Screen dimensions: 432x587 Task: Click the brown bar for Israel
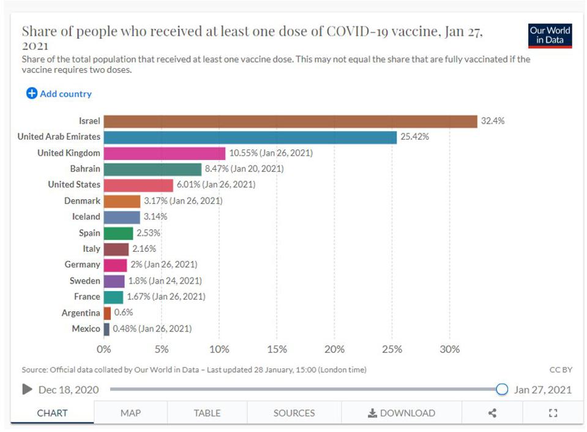click(x=290, y=121)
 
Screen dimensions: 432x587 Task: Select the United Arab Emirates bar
click(x=250, y=137)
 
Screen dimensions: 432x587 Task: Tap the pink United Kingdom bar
click(x=165, y=153)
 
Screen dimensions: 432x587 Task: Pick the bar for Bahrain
click(x=152, y=169)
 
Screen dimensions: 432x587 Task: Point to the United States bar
click(x=138, y=184)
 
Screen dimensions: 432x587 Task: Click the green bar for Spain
click(x=118, y=233)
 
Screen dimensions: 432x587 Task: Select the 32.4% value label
click(x=493, y=121)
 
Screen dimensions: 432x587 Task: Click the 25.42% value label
click(x=415, y=137)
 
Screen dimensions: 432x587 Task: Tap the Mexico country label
click(x=86, y=328)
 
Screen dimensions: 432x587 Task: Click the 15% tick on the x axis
click(x=277, y=349)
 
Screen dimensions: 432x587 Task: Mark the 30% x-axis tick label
click(x=450, y=349)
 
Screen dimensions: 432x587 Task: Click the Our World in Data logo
click(x=550, y=36)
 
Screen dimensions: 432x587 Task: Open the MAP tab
click(x=130, y=413)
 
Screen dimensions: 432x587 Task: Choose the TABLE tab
click(x=207, y=413)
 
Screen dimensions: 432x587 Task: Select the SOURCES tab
click(x=294, y=413)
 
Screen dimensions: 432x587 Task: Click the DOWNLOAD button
click(x=402, y=413)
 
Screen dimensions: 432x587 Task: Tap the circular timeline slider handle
click(x=502, y=389)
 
